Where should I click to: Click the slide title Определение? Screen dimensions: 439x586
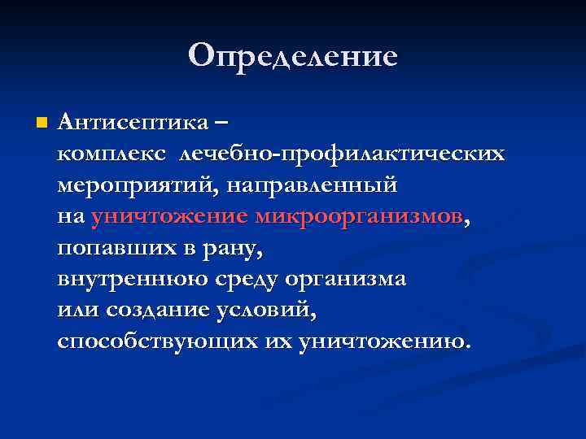tap(293, 55)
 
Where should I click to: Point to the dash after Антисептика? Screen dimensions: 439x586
tap(221, 123)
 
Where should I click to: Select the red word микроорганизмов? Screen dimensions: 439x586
tap(359, 216)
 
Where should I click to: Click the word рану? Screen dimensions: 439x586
tap(235, 248)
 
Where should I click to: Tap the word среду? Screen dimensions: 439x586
tap(244, 279)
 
